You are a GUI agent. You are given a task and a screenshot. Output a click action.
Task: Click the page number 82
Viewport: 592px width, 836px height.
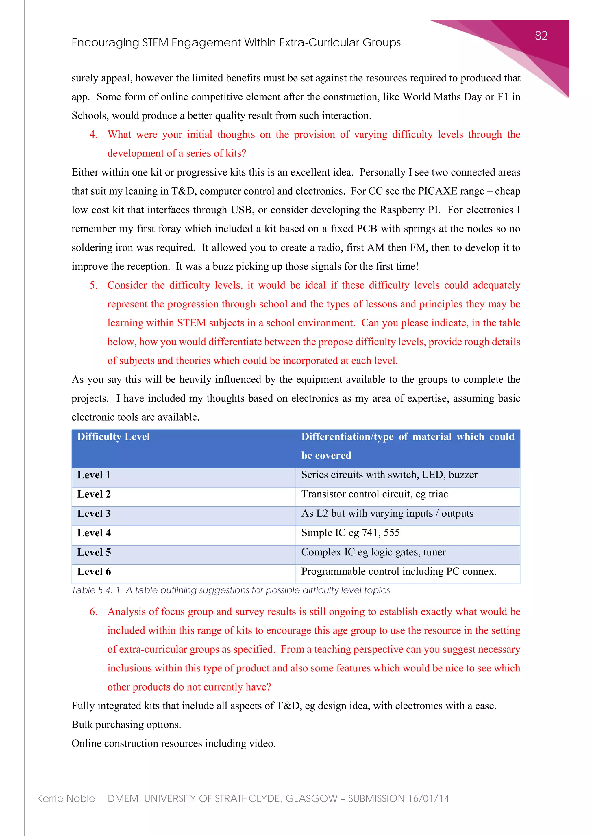click(541, 36)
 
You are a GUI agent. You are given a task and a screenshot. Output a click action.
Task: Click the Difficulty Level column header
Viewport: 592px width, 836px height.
click(113, 436)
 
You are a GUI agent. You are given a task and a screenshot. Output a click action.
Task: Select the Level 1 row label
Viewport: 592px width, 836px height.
click(94, 475)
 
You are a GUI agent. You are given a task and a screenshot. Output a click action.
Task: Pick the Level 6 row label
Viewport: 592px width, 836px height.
click(94, 572)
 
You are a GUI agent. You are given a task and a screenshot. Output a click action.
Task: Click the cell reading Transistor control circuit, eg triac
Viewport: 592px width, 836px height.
click(374, 494)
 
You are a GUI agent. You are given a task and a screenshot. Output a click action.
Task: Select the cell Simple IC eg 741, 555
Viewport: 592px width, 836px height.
click(350, 533)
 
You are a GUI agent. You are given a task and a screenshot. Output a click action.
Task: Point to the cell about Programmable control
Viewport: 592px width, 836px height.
click(398, 571)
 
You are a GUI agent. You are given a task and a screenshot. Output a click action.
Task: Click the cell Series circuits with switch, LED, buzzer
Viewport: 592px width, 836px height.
click(389, 475)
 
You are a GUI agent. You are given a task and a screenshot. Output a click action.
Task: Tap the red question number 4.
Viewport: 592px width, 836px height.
click(93, 134)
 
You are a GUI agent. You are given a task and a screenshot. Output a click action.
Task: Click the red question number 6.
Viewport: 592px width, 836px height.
click(93, 612)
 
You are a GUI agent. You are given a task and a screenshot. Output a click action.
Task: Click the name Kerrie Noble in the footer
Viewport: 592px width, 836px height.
click(66, 798)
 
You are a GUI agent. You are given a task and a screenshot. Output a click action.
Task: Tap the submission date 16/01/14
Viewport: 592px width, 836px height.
click(428, 798)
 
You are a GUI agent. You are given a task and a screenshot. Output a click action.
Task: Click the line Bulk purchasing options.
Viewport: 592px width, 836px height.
click(126, 725)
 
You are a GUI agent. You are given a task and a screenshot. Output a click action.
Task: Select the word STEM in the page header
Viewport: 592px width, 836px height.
click(155, 43)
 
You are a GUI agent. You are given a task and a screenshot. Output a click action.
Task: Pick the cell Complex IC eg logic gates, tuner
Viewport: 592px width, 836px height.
click(373, 552)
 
